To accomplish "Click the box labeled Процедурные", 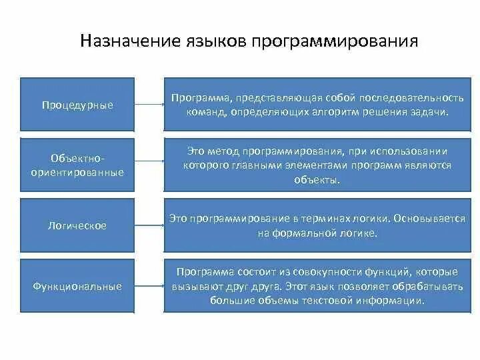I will (77, 105).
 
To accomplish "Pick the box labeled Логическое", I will (77, 226).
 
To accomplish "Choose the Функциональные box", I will (77, 287).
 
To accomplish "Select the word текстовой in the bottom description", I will (329, 300).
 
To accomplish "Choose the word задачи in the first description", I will (431, 111).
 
